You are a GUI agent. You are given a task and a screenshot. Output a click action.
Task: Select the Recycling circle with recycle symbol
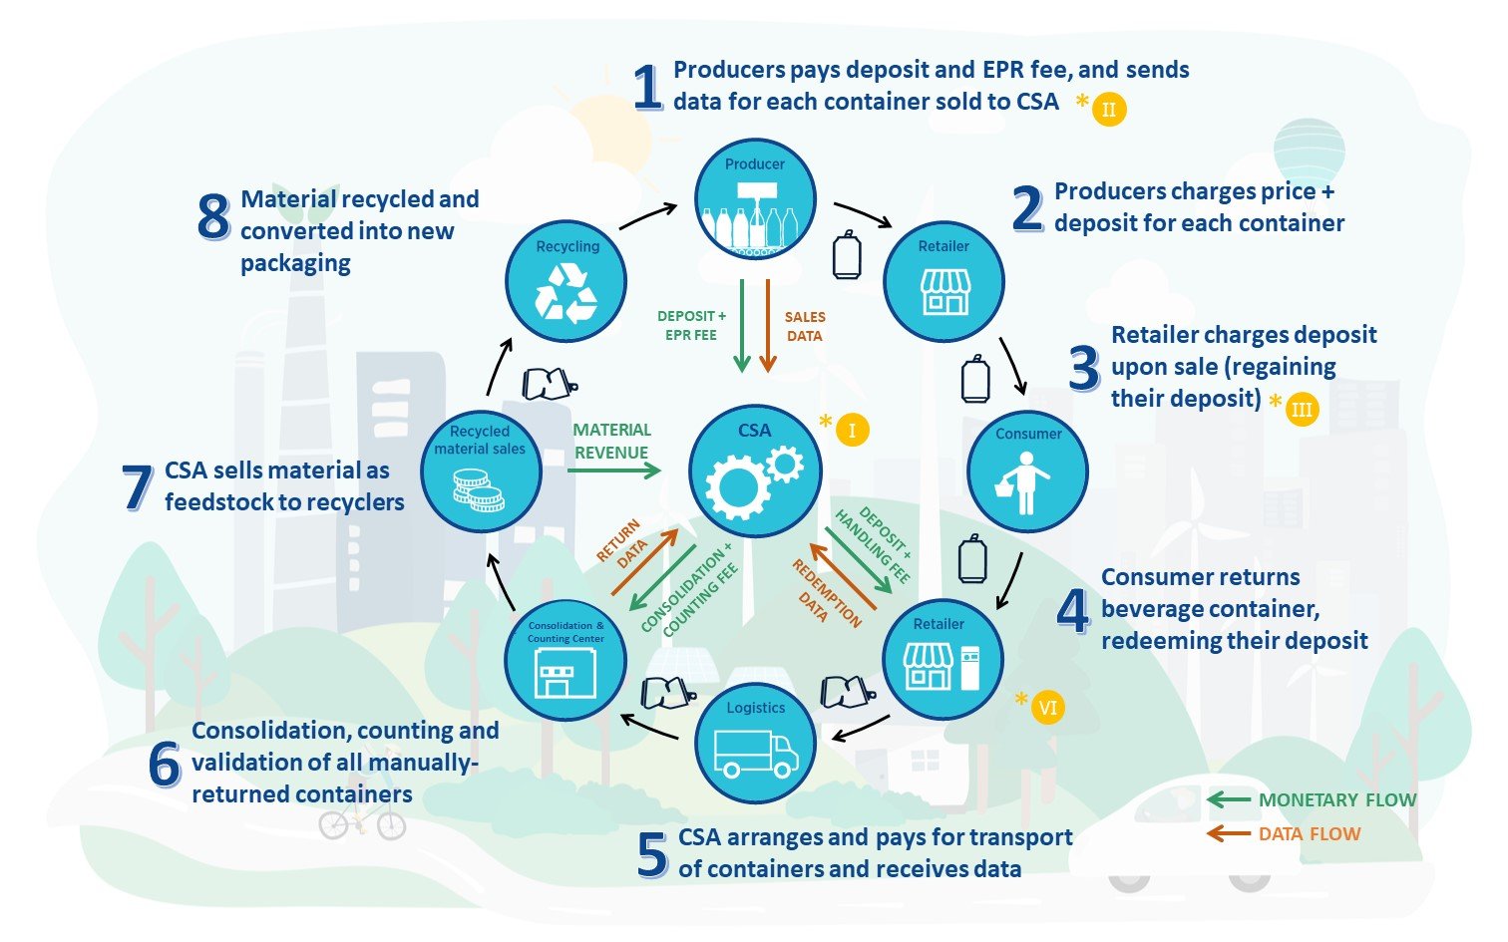565,280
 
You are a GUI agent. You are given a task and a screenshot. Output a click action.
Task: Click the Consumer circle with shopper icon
1027,471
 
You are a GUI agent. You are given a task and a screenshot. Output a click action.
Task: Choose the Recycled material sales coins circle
481,471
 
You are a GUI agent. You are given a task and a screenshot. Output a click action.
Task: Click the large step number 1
648,88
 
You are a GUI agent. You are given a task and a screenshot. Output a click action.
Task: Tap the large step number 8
213,216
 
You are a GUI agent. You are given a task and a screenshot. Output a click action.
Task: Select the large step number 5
652,854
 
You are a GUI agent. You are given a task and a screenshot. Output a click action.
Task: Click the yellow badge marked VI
1047,708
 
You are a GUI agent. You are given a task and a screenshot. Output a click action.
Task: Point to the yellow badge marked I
852,431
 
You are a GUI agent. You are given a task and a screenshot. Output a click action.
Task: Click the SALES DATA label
805,326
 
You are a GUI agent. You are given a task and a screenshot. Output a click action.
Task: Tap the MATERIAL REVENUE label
611,441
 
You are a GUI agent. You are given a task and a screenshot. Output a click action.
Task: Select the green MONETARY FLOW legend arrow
1228,799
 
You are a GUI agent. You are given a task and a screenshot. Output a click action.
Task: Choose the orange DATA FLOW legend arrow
1228,833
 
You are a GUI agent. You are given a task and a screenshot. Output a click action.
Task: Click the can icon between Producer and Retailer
846,254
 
